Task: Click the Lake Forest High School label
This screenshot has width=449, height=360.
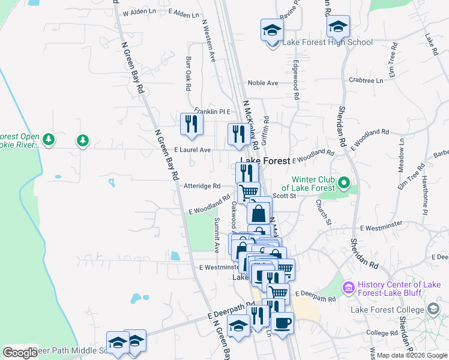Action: [328, 42]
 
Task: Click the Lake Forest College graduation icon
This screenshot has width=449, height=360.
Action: [433, 308]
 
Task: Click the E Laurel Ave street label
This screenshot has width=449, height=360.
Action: [192, 149]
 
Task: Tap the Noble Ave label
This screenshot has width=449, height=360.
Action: [263, 83]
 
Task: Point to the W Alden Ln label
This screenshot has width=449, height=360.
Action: [139, 13]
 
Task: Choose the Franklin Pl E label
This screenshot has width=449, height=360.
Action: [212, 111]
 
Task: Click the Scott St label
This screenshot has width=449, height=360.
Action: [285, 196]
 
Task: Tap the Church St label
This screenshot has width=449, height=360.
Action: [324, 211]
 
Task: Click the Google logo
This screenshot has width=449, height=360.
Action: [20, 352]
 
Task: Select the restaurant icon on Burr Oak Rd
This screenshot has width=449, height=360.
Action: [191, 124]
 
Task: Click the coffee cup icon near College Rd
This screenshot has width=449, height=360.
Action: [282, 323]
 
